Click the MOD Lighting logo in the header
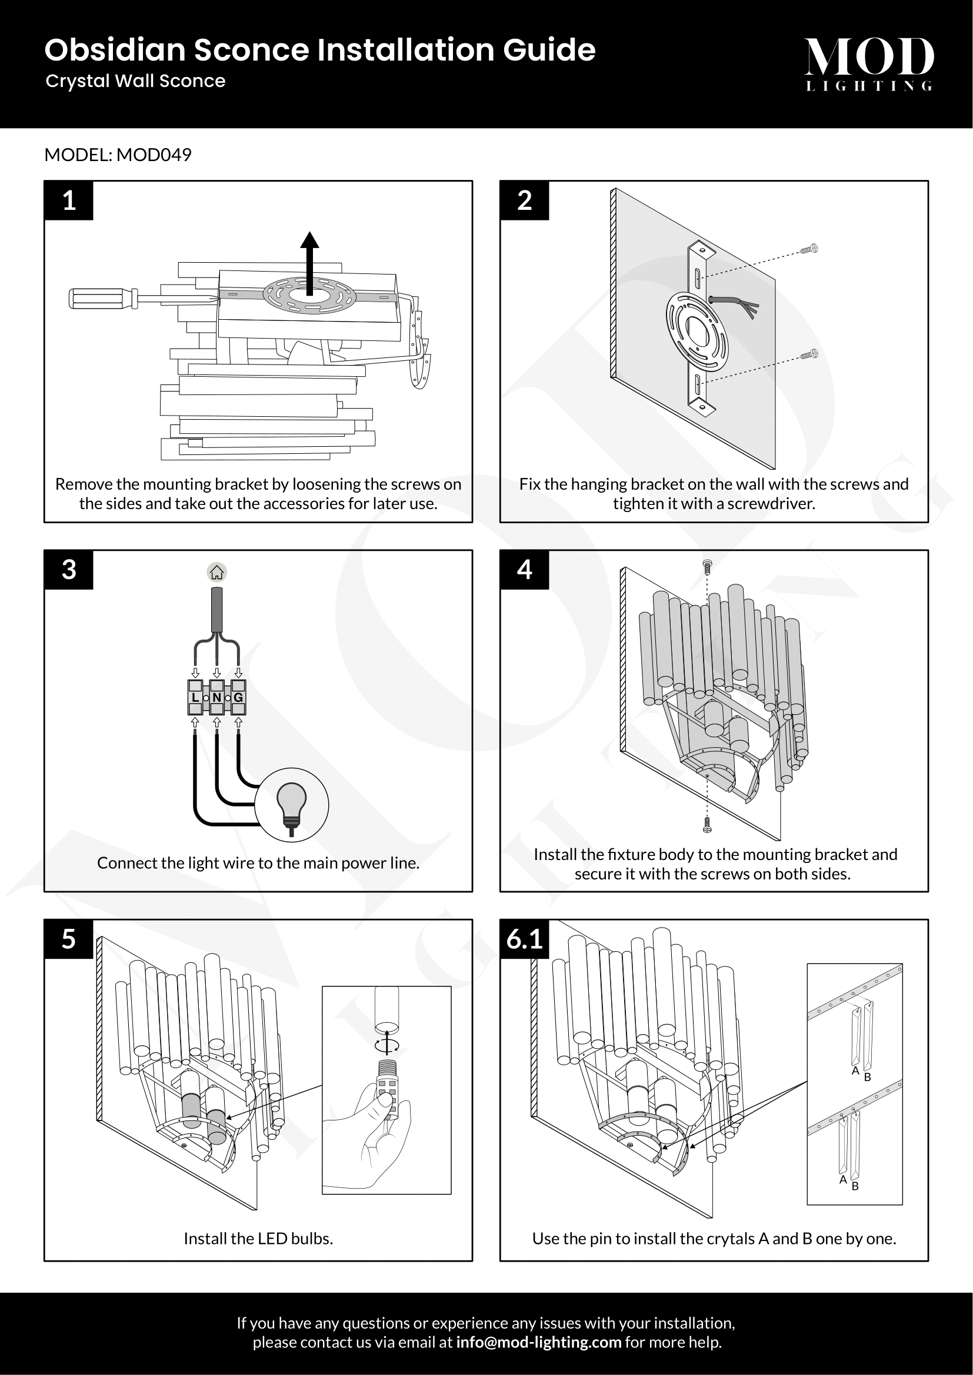tap(868, 63)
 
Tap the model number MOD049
tap(154, 155)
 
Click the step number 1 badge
tap(69, 200)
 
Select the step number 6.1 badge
tap(524, 939)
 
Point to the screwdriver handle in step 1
tap(102, 297)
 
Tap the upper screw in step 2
tap(809, 249)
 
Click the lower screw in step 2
tap(809, 354)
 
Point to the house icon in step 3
tap(217, 573)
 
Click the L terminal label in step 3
tap(195, 698)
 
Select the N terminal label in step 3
tap(217, 698)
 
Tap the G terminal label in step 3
tap(238, 698)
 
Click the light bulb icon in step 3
tap(292, 806)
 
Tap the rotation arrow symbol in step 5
tap(387, 1045)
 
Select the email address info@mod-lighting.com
tap(538, 1342)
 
